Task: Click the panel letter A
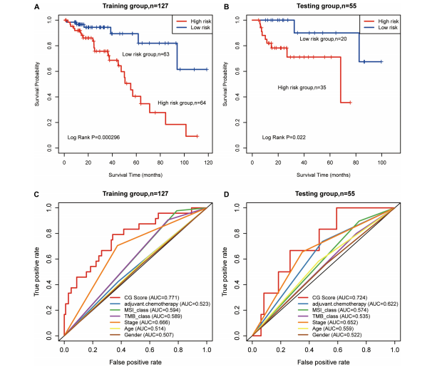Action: pyautogui.click(x=38, y=7)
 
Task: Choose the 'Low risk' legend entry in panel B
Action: pyautogui.click(x=381, y=29)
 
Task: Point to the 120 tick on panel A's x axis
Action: pyautogui.click(x=207, y=163)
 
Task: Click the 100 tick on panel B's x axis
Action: pyautogui.click(x=381, y=163)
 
